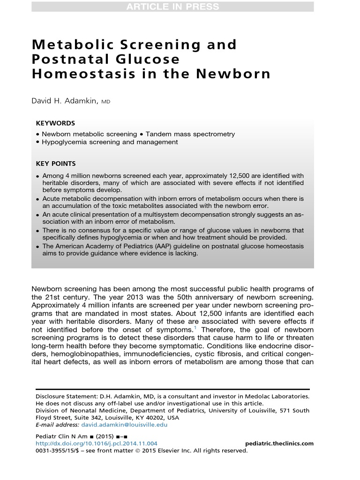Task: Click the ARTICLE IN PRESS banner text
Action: point(172,7)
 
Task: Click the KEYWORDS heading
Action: point(55,123)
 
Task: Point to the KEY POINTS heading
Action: point(56,164)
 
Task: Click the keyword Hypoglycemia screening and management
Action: point(110,142)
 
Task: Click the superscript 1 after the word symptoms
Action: point(195,328)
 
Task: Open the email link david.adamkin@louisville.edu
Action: point(124,425)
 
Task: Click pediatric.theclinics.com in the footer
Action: point(279,443)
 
